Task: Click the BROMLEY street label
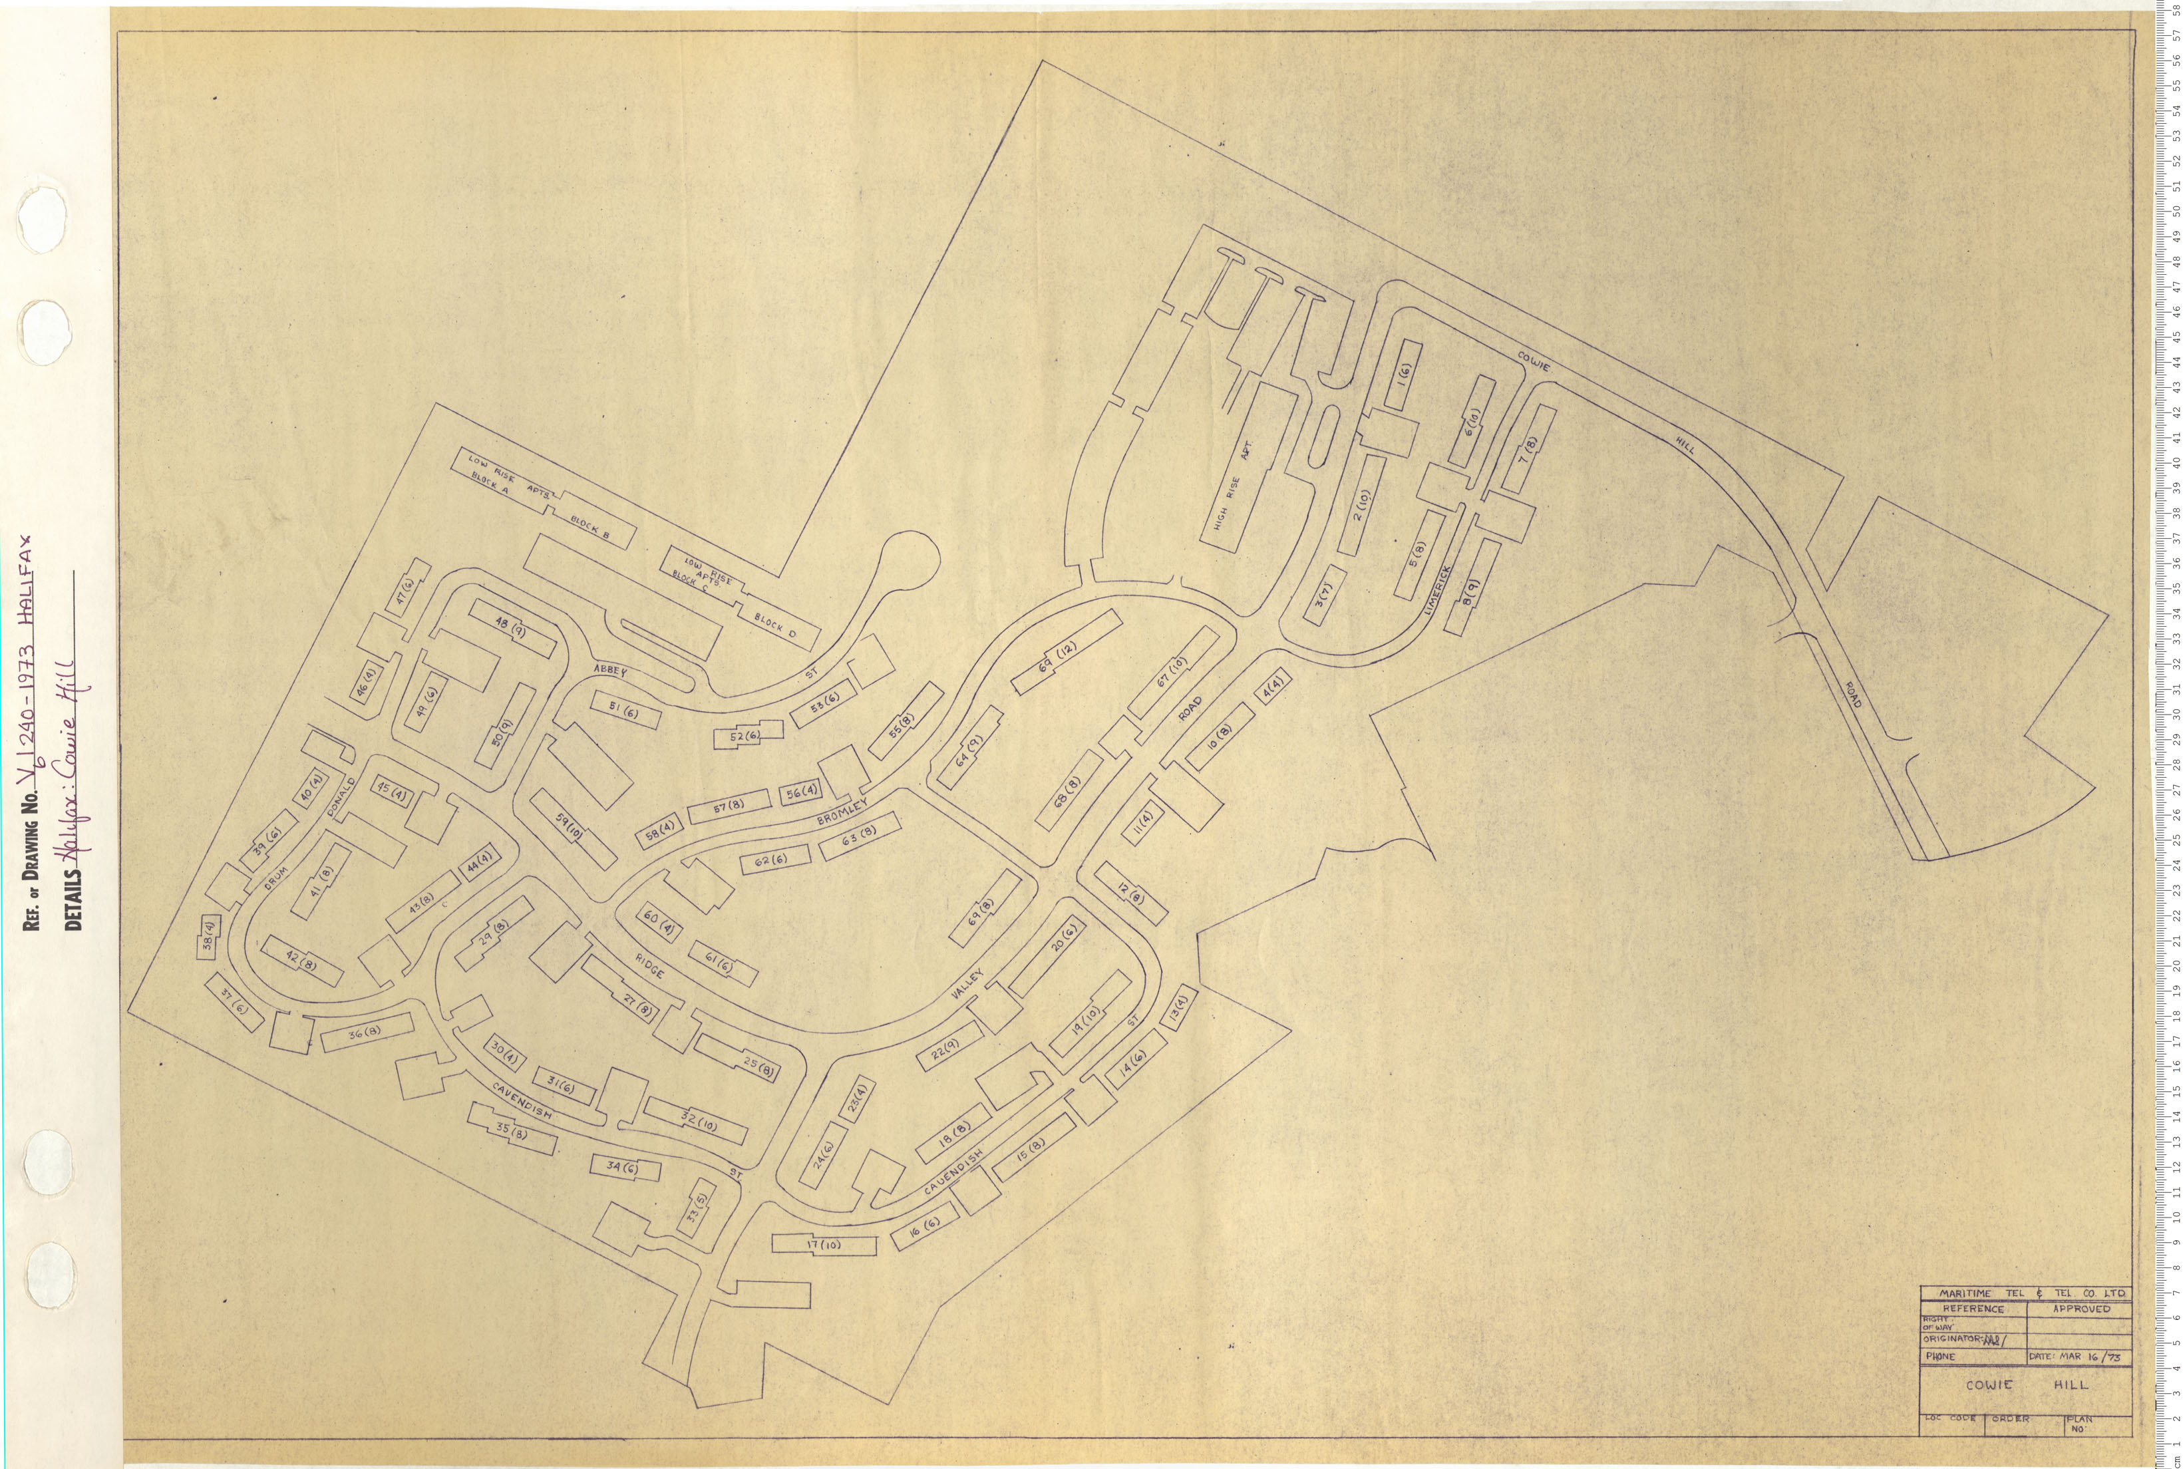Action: click(x=842, y=812)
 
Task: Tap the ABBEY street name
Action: click(x=609, y=671)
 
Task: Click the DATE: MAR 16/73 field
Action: click(x=2076, y=1356)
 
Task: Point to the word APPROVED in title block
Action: click(x=2081, y=1309)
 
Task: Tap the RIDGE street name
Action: click(x=648, y=967)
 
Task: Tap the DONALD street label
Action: click(x=342, y=796)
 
